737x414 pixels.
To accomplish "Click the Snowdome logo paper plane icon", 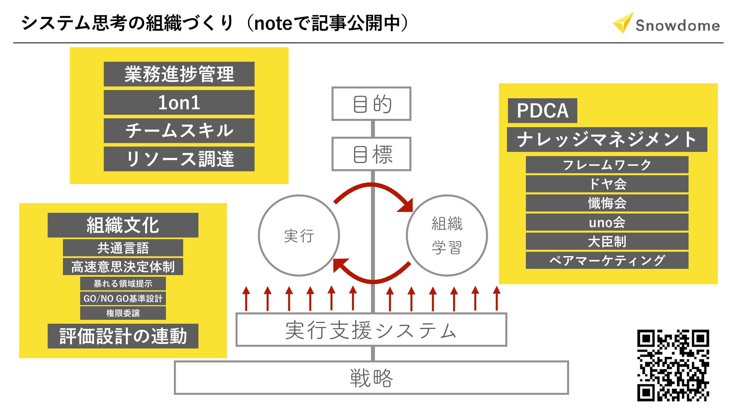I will [x=623, y=23].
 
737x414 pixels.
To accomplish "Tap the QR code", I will [x=673, y=365].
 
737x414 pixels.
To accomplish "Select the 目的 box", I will [x=371, y=104].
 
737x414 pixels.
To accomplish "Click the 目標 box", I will [x=371, y=154].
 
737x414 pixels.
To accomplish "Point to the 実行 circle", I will [x=299, y=235].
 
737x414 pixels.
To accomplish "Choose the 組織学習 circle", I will [x=447, y=235].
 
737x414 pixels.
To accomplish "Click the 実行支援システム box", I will [x=371, y=330].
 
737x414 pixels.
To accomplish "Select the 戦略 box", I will [x=371, y=378].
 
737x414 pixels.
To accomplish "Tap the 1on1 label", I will [x=179, y=102].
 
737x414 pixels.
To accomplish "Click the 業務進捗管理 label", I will [x=179, y=74].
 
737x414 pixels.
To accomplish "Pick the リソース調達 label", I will [x=179, y=159].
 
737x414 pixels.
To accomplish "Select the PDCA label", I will [x=542, y=111].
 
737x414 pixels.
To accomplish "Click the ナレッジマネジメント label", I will [x=606, y=140].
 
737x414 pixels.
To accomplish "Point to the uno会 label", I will [x=607, y=222].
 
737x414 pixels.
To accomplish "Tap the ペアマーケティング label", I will [x=607, y=260].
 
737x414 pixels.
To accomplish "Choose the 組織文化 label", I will [x=123, y=225].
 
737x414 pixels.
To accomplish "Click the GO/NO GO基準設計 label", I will [x=123, y=298].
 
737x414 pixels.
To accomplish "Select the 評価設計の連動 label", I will [x=123, y=336].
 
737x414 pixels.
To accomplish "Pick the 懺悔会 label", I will [x=607, y=203].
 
